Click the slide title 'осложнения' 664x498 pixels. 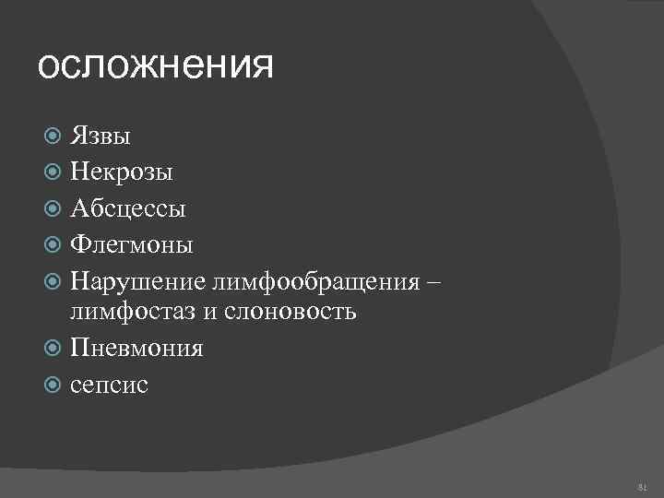click(156, 67)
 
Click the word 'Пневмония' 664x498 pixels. click(136, 348)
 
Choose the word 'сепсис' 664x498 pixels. click(109, 384)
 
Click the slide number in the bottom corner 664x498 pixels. click(642, 485)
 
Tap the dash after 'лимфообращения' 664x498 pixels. click(435, 279)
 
